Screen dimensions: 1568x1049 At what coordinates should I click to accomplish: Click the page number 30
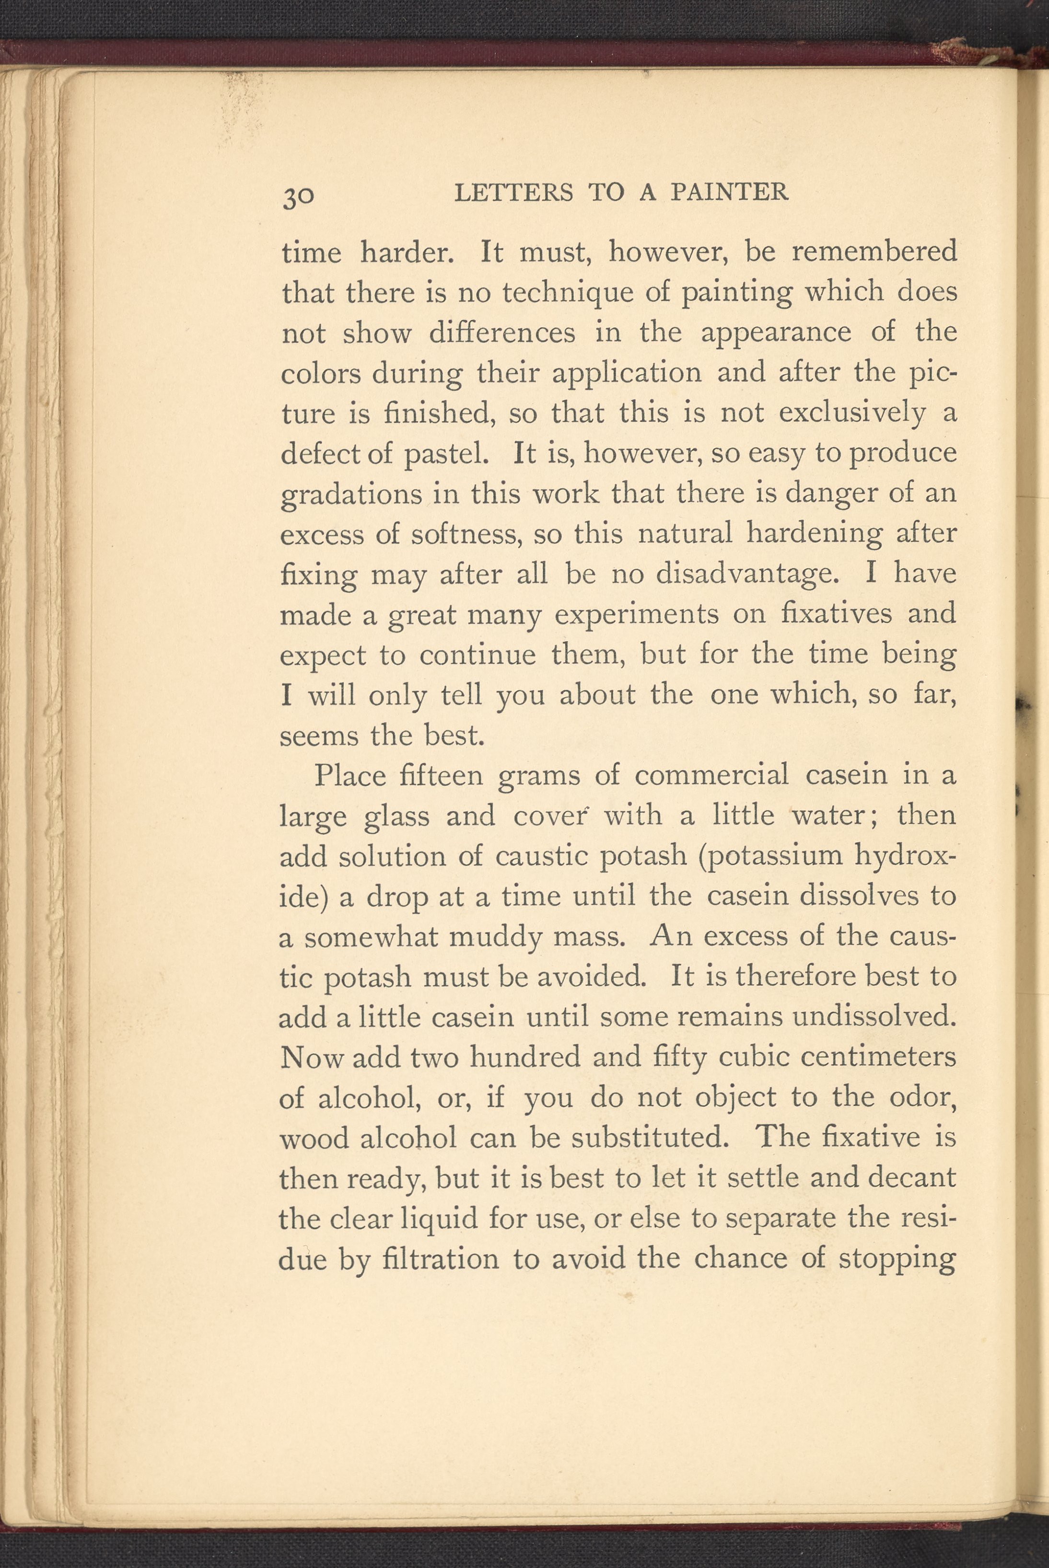tap(298, 196)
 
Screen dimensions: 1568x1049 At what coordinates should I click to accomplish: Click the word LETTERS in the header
tap(513, 193)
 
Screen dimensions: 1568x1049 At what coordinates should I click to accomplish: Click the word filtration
tap(441, 1259)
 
